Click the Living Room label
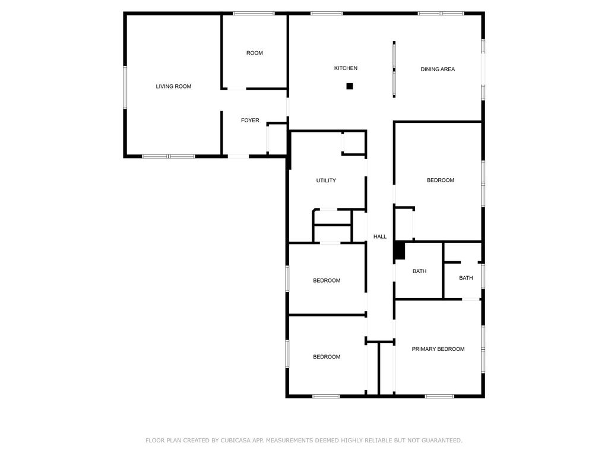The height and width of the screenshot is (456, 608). pos(173,87)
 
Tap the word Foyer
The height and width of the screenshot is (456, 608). pos(250,120)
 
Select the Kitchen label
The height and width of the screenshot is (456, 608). pos(346,68)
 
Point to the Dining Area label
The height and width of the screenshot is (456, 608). pos(438,69)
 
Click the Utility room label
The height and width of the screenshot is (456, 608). pos(326,180)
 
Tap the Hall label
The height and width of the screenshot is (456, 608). pos(380,236)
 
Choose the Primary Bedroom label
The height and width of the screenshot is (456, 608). pos(438,349)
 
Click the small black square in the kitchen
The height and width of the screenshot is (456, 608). pos(350,86)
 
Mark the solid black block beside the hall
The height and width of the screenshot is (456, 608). pos(400,251)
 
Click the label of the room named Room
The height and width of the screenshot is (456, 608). pos(255,53)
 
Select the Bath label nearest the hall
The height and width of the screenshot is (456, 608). pos(420,271)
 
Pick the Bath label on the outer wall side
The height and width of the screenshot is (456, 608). pos(466,278)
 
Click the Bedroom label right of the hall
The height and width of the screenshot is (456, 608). pos(441,180)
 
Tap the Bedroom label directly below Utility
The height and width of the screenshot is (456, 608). pos(327,281)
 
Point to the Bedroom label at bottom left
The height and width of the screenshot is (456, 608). pos(327,357)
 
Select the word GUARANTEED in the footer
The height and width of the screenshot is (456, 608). pos(442,441)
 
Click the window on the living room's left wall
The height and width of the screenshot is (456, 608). pos(125,87)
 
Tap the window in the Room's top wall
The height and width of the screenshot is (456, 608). pos(254,14)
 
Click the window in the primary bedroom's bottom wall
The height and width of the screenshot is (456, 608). pos(439,396)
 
